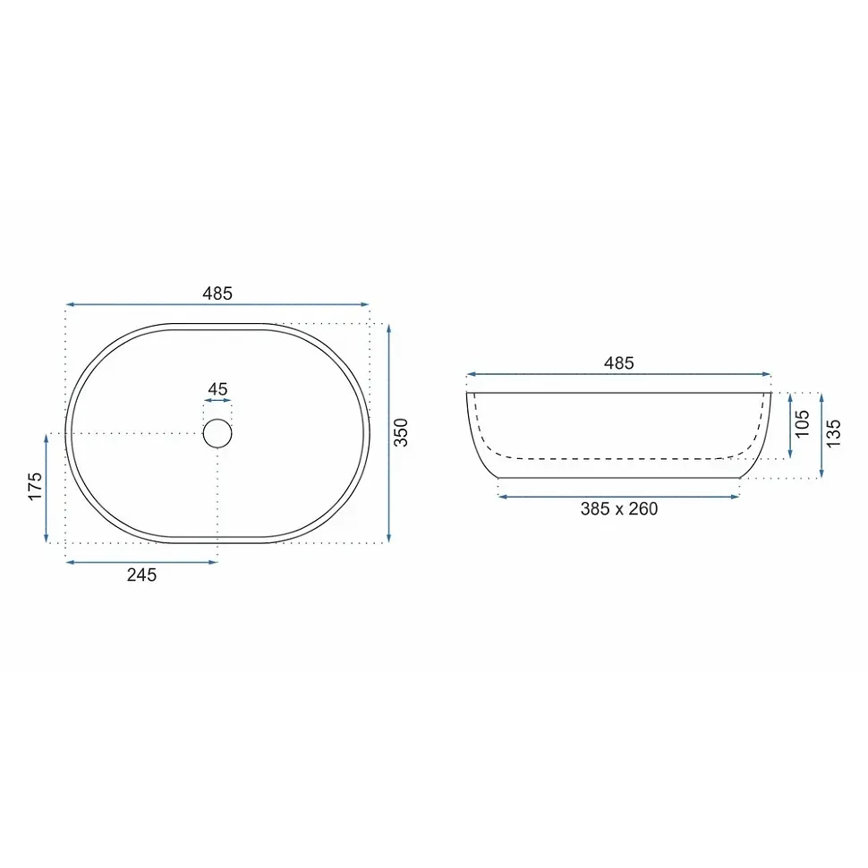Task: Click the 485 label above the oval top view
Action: [217, 293]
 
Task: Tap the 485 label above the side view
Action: [618, 362]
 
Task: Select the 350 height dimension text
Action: [400, 432]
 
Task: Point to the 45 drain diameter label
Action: [217, 389]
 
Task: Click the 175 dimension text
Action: [35, 487]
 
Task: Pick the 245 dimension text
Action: [141, 575]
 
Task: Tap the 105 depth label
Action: [802, 424]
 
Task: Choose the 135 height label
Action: [833, 433]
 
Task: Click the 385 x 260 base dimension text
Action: [619, 509]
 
